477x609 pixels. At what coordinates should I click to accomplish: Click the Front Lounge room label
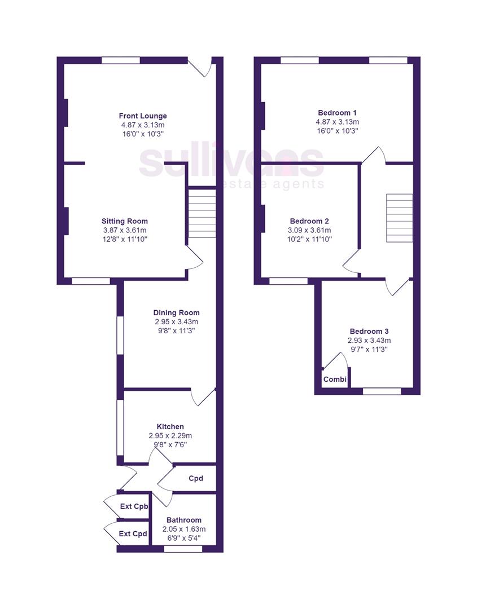coord(142,116)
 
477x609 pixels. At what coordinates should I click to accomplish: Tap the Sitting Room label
coord(124,221)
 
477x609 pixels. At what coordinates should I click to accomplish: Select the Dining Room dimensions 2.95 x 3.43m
coord(176,321)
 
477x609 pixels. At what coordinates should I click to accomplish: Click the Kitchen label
coord(170,427)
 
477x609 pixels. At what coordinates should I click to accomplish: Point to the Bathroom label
coord(183,520)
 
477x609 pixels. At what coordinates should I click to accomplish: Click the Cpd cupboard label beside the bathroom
coord(195,479)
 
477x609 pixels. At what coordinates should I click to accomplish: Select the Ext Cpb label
coord(134,506)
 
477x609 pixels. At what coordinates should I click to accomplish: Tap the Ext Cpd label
coord(133,533)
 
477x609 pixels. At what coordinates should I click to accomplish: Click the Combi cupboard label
coord(335,379)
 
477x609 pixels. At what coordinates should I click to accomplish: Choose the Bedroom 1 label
coord(337,113)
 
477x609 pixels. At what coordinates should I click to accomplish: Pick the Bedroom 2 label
coord(309,221)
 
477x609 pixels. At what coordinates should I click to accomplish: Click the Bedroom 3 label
coord(369,332)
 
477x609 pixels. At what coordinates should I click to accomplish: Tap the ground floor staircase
coord(202,213)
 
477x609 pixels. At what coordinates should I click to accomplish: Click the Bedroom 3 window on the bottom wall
coord(382,391)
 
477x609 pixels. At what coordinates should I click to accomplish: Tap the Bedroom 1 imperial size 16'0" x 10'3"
coord(337,131)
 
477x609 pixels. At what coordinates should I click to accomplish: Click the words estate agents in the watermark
coord(273,184)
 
